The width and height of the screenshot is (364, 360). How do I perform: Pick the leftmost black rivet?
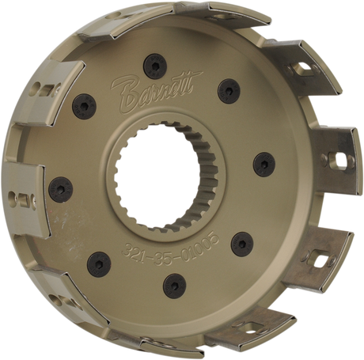coord(62,188)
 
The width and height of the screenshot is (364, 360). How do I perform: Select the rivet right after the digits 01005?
coord(243,243)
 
